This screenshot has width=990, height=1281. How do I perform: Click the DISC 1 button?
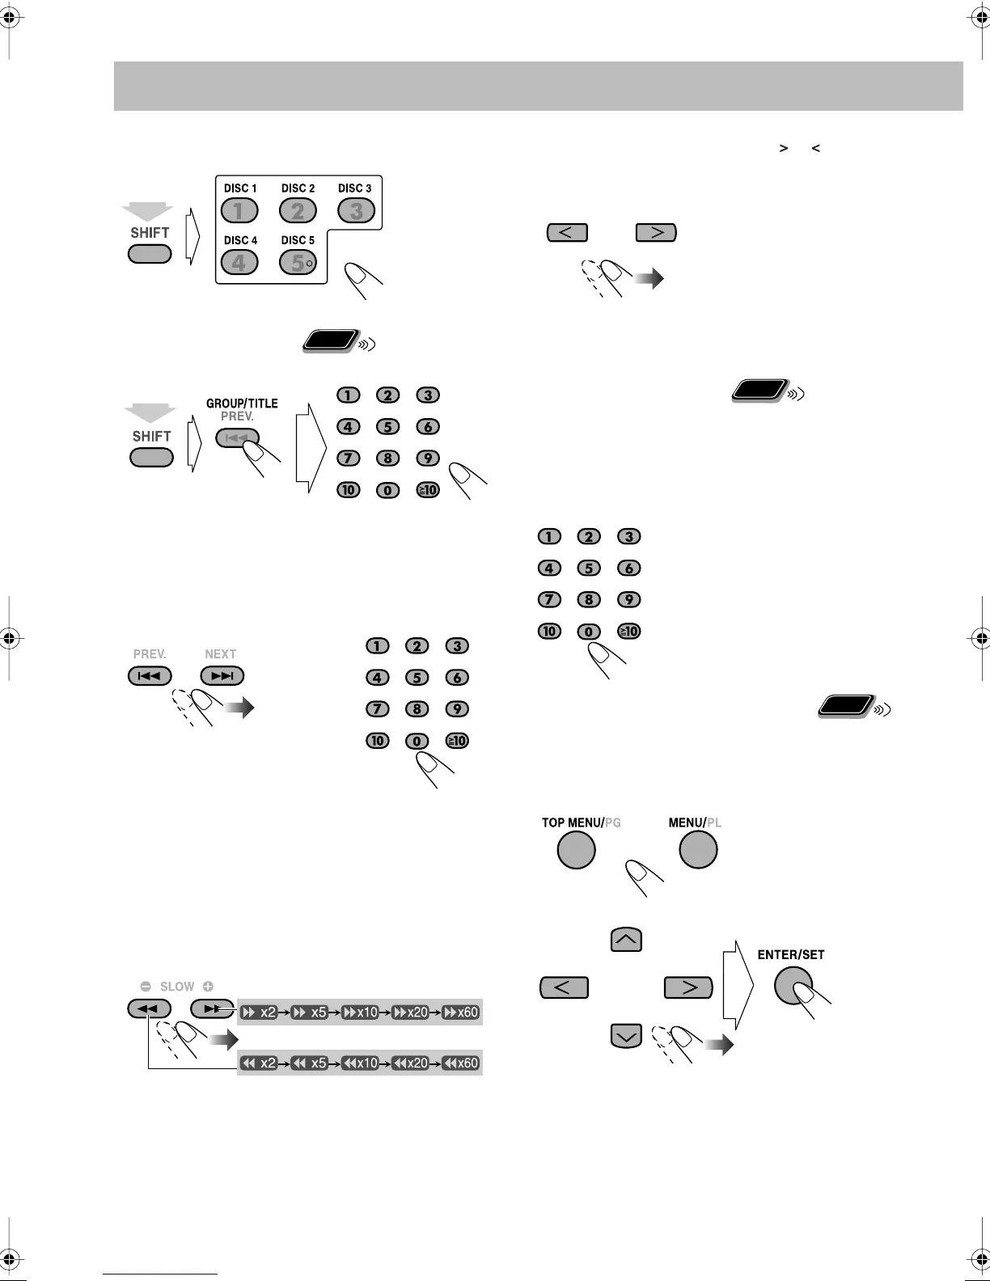coord(239,211)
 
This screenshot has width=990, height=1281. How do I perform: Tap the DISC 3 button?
coord(356,211)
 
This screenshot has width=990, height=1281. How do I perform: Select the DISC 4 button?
coord(239,263)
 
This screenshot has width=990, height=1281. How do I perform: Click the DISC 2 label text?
coord(298,188)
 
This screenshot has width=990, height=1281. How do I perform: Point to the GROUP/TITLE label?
coord(242,404)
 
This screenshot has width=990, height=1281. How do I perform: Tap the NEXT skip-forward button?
coord(222,676)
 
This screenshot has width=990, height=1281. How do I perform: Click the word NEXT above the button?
coord(220,654)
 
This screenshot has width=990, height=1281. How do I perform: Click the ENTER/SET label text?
coord(790,955)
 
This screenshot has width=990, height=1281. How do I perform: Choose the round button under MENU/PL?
coord(698,850)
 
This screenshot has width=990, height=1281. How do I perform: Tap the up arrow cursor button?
coord(626,940)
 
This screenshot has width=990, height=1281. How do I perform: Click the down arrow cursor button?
coord(626,1036)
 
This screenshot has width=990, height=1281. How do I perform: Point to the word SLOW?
coord(177,987)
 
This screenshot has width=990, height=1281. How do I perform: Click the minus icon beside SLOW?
coord(146,987)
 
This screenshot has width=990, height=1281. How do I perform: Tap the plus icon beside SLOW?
coord(208,987)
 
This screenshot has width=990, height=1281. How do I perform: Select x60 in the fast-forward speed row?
coord(461,1013)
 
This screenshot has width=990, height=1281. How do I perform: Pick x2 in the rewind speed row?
coord(260,1063)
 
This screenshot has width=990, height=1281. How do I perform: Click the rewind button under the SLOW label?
coord(149,1008)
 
